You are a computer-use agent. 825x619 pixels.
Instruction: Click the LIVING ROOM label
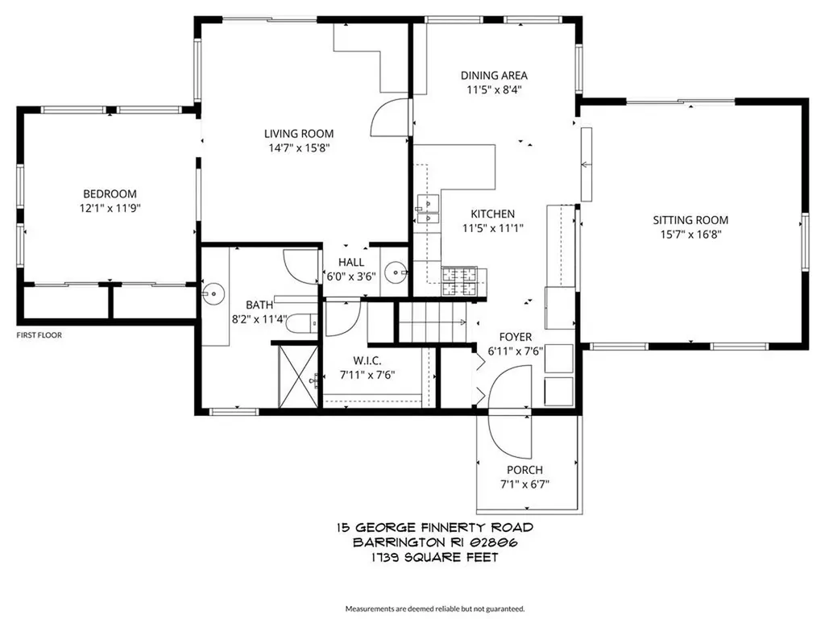pos(299,134)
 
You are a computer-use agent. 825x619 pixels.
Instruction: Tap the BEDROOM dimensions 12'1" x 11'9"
pos(110,208)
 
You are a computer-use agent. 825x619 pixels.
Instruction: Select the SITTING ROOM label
pos(690,220)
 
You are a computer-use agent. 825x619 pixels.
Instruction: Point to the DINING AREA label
pos(494,76)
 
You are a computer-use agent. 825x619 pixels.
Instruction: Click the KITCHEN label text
pos(493,214)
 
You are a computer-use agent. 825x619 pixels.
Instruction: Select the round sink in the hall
pos(395,273)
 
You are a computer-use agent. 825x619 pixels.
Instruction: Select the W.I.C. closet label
pos(367,360)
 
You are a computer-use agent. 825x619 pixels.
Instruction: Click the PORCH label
pos(524,470)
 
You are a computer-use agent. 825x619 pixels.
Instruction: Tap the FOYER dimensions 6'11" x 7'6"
pos(516,351)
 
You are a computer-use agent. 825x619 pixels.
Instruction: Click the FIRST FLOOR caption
pos(39,334)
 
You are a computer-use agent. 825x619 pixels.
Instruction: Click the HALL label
pos(351,262)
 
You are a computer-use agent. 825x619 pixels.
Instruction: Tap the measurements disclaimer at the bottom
pos(435,608)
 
